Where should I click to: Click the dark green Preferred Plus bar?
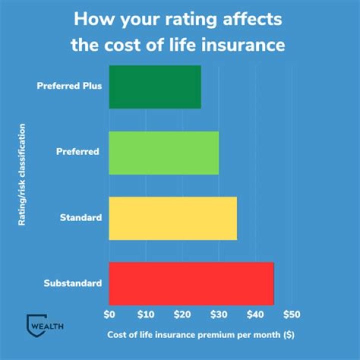155,87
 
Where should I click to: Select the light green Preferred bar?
164,152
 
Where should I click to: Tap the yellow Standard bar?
173,218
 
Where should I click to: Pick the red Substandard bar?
191,283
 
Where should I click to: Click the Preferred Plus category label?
69,85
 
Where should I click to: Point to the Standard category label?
81,217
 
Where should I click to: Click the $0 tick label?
109,315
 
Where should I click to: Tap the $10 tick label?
145,315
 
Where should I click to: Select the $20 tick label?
182,315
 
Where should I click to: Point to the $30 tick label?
218,315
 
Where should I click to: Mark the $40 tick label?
255,315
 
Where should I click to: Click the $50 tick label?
291,315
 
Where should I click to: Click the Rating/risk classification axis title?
22,175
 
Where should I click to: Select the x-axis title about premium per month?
201,335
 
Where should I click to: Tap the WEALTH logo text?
47,326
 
